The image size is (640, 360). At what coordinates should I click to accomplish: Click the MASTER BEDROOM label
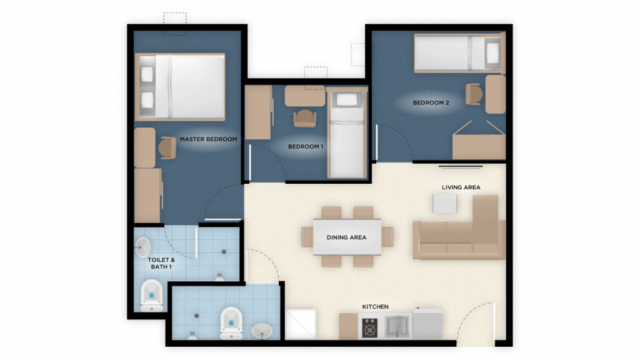pyautogui.click(x=209, y=139)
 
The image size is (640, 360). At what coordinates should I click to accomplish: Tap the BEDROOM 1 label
pyautogui.click(x=306, y=146)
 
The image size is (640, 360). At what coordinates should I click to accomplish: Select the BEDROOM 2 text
pyautogui.click(x=431, y=103)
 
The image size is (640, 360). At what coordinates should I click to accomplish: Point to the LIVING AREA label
pyautogui.click(x=461, y=187)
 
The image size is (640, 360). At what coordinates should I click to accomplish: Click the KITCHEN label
pyautogui.click(x=376, y=306)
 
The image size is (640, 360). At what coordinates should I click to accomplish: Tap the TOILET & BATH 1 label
pyautogui.click(x=161, y=263)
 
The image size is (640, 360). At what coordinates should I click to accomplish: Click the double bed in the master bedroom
pyautogui.click(x=180, y=87)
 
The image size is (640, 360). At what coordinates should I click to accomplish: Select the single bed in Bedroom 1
pyautogui.click(x=347, y=132)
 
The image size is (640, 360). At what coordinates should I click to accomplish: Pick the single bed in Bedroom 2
pyautogui.click(x=460, y=53)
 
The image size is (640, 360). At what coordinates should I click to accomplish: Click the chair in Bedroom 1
pyautogui.click(x=305, y=118)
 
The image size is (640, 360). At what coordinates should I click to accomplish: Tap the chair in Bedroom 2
pyautogui.click(x=474, y=94)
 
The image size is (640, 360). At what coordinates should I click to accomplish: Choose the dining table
pyautogui.click(x=347, y=237)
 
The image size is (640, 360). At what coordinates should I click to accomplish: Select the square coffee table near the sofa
pyautogui.click(x=445, y=203)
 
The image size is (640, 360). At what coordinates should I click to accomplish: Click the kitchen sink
pyautogui.click(x=397, y=326)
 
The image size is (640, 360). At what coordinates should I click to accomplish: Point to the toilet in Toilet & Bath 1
pyautogui.click(x=152, y=296)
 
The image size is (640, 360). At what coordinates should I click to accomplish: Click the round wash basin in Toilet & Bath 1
pyautogui.click(x=143, y=247)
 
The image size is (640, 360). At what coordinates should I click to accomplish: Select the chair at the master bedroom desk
pyautogui.click(x=167, y=147)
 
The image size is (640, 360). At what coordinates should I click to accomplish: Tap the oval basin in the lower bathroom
pyautogui.click(x=262, y=331)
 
